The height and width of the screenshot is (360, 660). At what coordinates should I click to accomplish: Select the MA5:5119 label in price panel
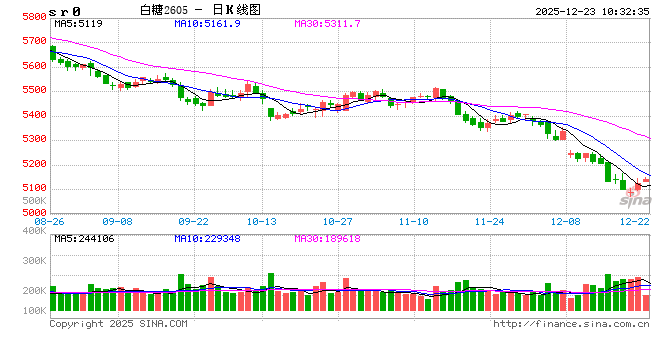coord(77,22)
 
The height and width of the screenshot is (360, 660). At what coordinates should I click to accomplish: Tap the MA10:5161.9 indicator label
coord(207,22)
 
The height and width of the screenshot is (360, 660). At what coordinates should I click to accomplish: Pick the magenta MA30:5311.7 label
coord(327,22)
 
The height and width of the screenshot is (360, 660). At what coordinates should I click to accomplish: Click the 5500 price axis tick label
coord(33,91)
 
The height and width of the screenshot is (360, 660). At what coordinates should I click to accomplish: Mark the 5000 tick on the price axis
coord(33,212)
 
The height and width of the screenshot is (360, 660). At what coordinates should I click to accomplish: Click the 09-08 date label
coord(118,221)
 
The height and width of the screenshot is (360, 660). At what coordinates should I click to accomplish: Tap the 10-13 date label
coord(262,221)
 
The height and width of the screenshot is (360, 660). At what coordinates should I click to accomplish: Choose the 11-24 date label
coord(489,221)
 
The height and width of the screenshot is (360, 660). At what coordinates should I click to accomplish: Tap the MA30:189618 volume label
coord(327,238)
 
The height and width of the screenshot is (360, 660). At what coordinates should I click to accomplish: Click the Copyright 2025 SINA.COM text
coord(118,324)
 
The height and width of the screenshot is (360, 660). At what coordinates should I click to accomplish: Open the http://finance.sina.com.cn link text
coord(571,324)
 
